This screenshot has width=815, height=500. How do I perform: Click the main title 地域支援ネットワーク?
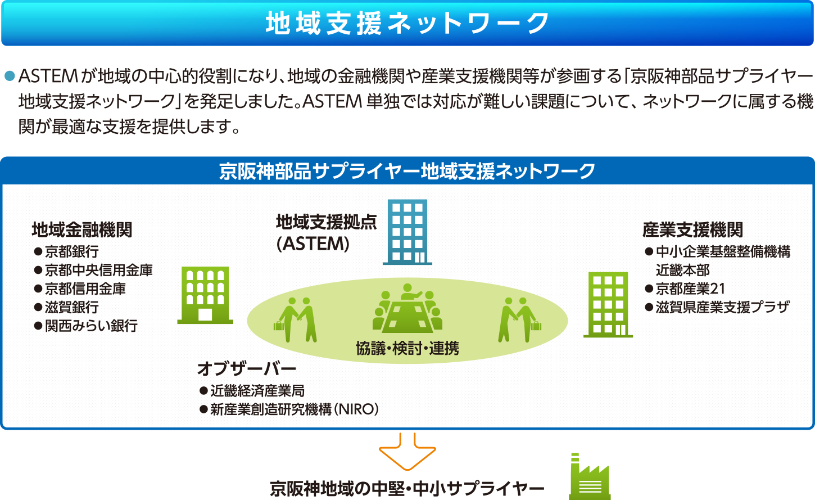pos(407,23)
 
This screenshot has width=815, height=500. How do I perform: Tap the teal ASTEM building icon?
pos(407,232)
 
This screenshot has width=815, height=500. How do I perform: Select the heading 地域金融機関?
pos(82,230)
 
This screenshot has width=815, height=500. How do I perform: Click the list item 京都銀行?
pos(72,251)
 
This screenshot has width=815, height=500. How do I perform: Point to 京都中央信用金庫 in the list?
pos(98,270)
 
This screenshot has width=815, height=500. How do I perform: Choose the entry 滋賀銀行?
pos(72,307)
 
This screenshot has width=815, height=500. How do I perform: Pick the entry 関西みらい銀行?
pos(91,326)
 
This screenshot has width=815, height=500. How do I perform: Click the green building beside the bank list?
pos(205,295)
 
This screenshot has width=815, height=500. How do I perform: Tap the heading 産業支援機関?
pos(692,230)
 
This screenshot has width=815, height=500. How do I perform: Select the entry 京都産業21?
pos(691,289)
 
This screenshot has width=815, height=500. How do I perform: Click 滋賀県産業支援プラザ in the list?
pos(723,307)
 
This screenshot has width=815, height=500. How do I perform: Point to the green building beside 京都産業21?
pos(608,305)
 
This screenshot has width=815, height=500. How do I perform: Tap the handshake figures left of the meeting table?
pos(295,319)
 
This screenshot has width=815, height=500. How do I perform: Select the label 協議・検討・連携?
pos(407,349)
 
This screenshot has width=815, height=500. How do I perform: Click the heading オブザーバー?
pos(247,368)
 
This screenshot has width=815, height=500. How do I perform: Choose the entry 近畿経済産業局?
pos(257,391)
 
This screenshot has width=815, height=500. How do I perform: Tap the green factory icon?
pos(590,476)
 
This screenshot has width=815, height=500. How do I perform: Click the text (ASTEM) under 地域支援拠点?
pos(313,244)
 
